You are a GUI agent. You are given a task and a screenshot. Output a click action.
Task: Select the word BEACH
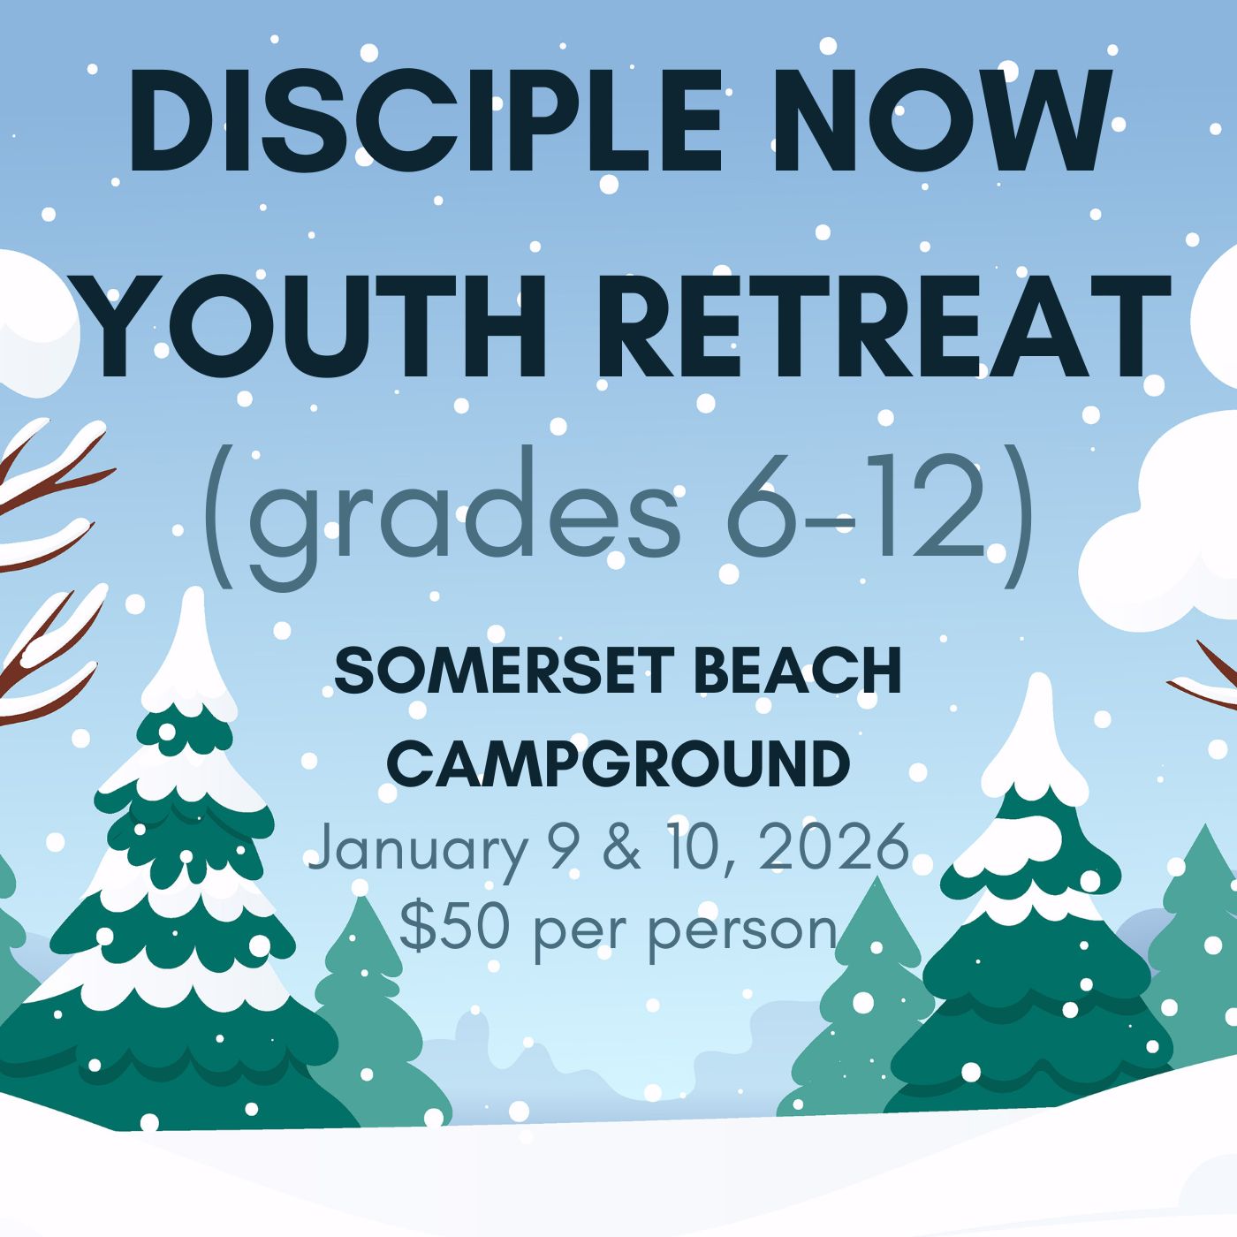coord(798,672)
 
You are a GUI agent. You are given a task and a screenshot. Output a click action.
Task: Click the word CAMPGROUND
coord(618,764)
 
